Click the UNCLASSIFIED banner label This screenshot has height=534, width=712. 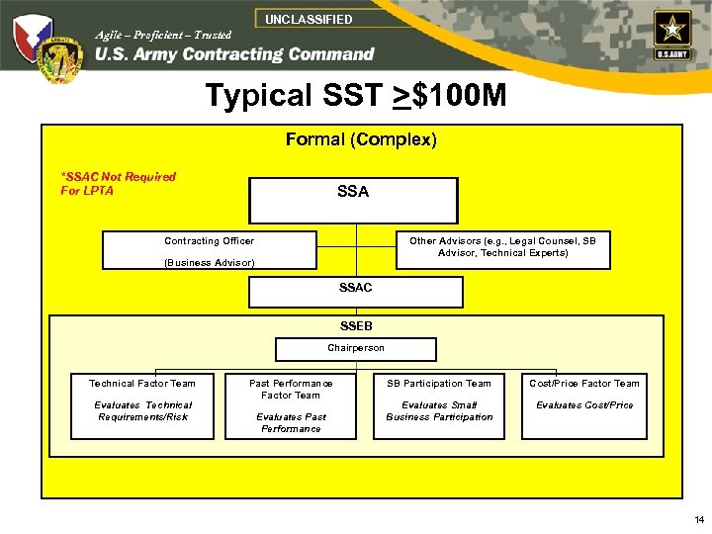coord(309,19)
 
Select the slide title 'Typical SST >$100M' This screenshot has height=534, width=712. coord(355,96)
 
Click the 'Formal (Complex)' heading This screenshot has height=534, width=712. coord(361,139)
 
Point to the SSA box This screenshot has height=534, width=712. coord(353,200)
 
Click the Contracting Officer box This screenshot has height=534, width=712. coord(210,250)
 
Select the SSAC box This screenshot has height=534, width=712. coord(355,292)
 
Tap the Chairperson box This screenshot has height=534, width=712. coord(355,348)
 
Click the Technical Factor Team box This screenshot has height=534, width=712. coord(142,405)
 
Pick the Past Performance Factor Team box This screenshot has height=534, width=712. coord(291,405)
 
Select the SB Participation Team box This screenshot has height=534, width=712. coord(439,405)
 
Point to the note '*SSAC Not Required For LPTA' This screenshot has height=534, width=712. coord(118,184)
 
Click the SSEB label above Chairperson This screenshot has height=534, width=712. coord(356,325)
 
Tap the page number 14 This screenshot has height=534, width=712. coord(699,519)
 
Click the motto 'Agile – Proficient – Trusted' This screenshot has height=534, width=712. coord(163,35)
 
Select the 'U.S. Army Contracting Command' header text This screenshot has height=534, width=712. coord(234,55)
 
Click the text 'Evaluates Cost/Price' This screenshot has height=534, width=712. coord(584,405)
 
